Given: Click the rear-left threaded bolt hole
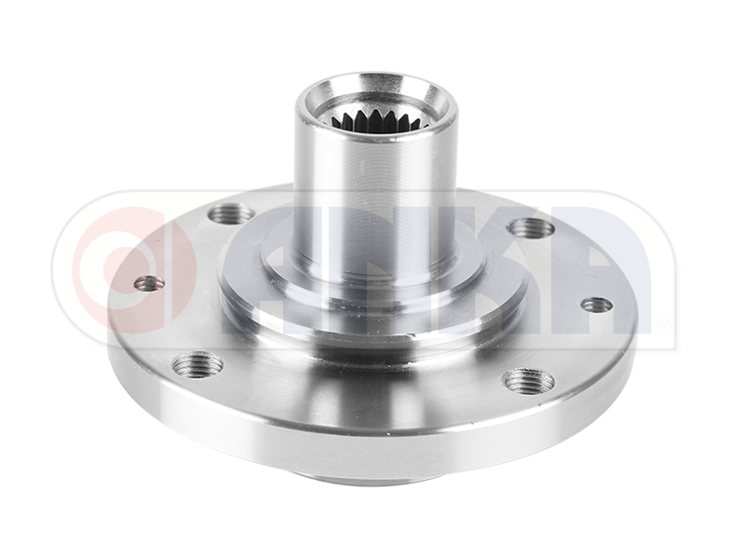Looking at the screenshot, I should [230, 215].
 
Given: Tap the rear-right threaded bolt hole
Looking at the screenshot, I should [532, 227].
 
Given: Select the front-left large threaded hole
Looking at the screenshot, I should [198, 362].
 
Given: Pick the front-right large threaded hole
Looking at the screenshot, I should [528, 380].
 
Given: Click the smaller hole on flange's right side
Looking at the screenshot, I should [596, 304].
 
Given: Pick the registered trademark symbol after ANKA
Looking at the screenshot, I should [662, 327].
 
